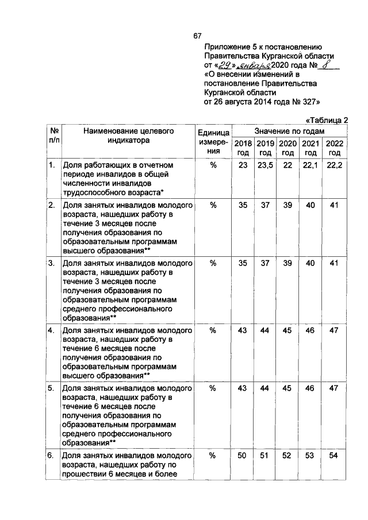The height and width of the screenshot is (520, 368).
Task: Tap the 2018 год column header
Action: tap(243, 148)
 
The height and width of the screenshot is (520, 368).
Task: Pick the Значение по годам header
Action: tap(289, 132)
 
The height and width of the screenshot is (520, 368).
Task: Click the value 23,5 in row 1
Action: tap(265, 165)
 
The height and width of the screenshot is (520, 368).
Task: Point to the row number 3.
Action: tap(51, 263)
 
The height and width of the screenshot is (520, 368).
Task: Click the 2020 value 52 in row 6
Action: tap(288, 455)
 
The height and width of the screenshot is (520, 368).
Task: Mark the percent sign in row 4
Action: tap(213, 330)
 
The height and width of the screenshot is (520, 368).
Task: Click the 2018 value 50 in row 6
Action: tap(243, 455)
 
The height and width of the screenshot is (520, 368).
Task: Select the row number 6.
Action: tap(51, 455)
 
